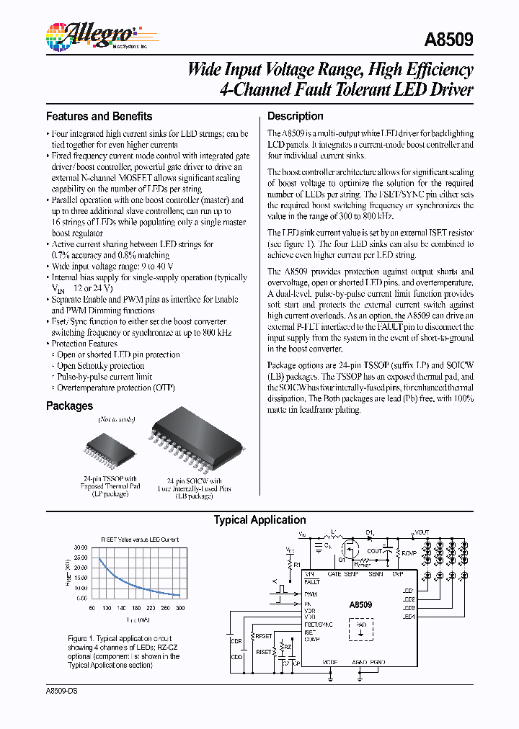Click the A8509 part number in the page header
point(450,40)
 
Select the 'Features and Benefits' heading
point(99,116)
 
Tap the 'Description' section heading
point(295,116)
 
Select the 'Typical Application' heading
point(259,519)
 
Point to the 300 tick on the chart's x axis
point(181,608)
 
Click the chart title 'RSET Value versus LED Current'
point(139,539)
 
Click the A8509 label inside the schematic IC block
point(360,606)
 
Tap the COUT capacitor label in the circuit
point(374,552)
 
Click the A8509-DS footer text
point(61,690)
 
